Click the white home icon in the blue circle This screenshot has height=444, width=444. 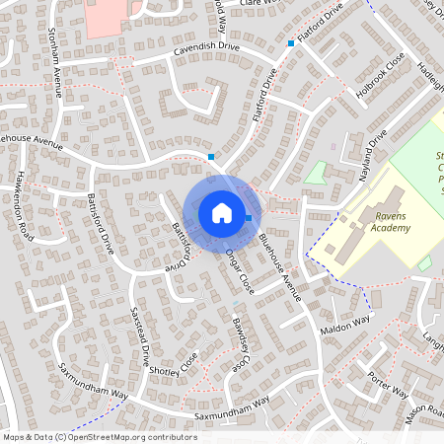(221, 212)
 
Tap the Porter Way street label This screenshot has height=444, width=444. (387, 383)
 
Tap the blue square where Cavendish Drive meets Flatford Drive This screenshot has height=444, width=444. (291, 43)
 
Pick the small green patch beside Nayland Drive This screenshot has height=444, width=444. (316, 172)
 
